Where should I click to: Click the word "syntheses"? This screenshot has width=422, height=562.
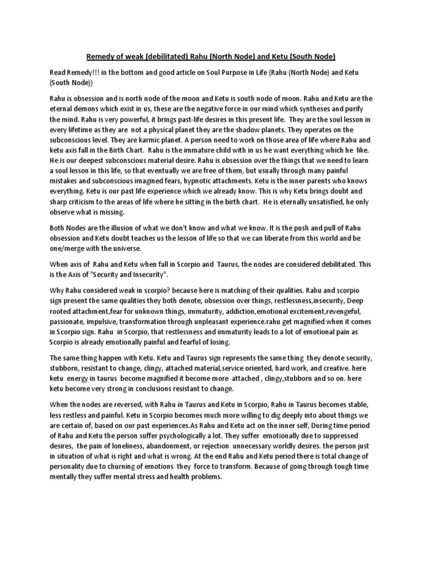pyautogui.click(x=323, y=109)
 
